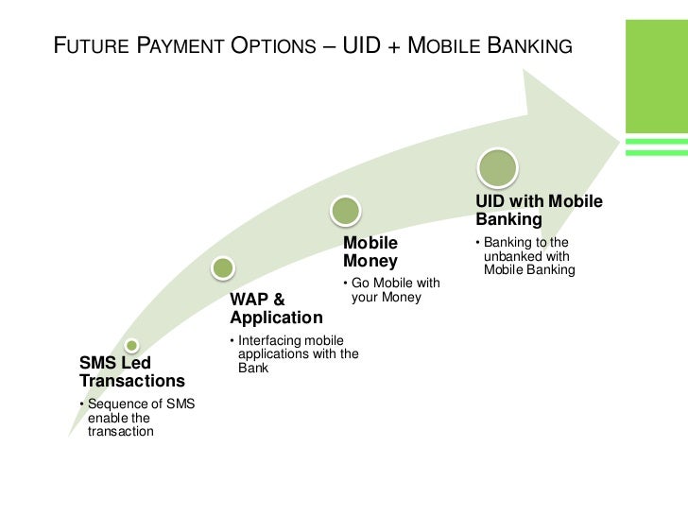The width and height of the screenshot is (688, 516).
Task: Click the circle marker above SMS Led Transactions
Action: point(132,346)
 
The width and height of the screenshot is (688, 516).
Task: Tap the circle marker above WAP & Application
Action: point(222,267)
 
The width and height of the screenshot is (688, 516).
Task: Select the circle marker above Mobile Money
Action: point(347,210)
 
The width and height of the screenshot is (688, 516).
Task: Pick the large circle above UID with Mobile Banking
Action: point(498,168)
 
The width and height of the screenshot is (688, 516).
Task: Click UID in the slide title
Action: point(357,43)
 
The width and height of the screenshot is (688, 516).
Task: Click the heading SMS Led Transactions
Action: point(132,372)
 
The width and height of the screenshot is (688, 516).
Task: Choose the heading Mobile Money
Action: point(370,251)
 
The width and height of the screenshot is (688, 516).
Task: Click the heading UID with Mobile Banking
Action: point(539,211)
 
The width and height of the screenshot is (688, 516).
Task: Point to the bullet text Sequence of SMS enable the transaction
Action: point(138,418)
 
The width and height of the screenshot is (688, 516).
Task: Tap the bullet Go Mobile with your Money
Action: point(391,291)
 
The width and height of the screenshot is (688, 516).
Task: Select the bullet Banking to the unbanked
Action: point(527,256)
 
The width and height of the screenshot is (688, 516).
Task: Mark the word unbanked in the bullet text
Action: point(515,256)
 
